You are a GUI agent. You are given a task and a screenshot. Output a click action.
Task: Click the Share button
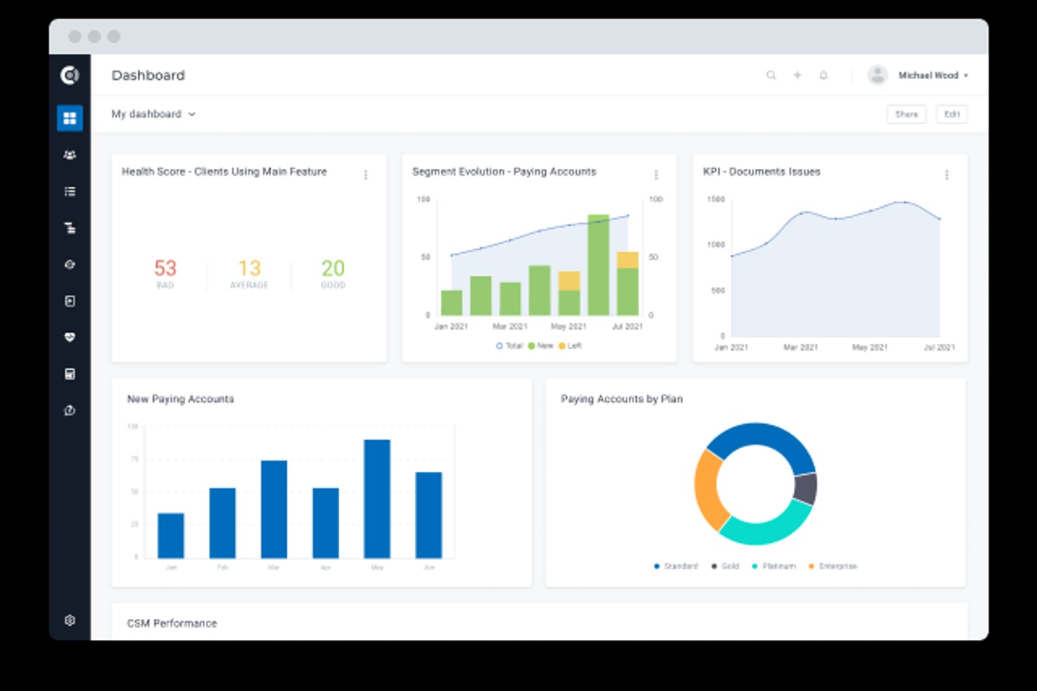point(906,114)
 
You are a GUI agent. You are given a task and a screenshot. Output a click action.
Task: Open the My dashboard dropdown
point(153,114)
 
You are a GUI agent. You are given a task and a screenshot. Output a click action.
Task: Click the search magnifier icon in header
point(771,76)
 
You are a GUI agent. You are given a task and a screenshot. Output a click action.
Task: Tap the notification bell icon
point(823,76)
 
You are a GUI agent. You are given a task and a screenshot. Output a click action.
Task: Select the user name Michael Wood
point(928,76)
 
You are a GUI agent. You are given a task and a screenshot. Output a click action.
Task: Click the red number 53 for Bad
point(165,268)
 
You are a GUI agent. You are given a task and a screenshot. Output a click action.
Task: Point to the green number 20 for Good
point(333,268)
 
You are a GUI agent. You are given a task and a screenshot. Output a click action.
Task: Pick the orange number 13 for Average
point(249,268)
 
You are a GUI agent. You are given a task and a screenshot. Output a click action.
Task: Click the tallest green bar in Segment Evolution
point(598,266)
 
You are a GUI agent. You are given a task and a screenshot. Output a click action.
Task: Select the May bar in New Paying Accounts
point(377,498)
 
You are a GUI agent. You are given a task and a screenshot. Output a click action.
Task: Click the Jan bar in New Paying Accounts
point(171,536)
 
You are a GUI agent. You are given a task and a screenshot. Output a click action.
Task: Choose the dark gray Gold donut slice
point(806,488)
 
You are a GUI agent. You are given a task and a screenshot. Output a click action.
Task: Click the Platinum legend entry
point(774,566)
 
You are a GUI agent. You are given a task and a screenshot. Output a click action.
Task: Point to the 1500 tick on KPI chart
point(715,200)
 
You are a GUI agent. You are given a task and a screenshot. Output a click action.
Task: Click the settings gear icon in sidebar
point(69,620)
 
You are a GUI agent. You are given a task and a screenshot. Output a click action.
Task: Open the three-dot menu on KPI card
point(947,175)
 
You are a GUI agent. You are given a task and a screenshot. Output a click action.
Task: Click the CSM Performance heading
point(172,623)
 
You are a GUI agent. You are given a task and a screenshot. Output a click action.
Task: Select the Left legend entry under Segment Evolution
point(570,346)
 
